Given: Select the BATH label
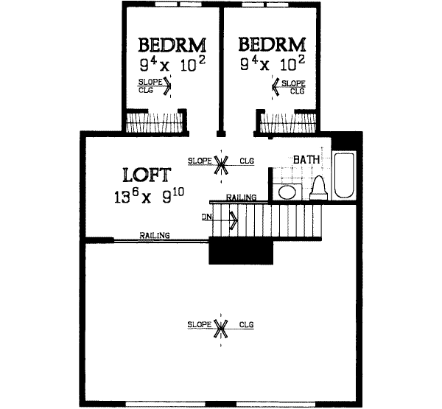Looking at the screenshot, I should [306, 159].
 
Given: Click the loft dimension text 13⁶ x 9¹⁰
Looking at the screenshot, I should [147, 197].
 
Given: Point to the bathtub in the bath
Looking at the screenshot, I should [345, 175].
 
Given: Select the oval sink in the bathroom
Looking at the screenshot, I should [288, 192].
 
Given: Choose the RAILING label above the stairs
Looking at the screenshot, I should [241, 197].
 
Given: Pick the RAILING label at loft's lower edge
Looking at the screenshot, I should [155, 236].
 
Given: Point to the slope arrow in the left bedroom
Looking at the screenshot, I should [167, 87].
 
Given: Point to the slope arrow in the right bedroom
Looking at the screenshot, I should [276, 87].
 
